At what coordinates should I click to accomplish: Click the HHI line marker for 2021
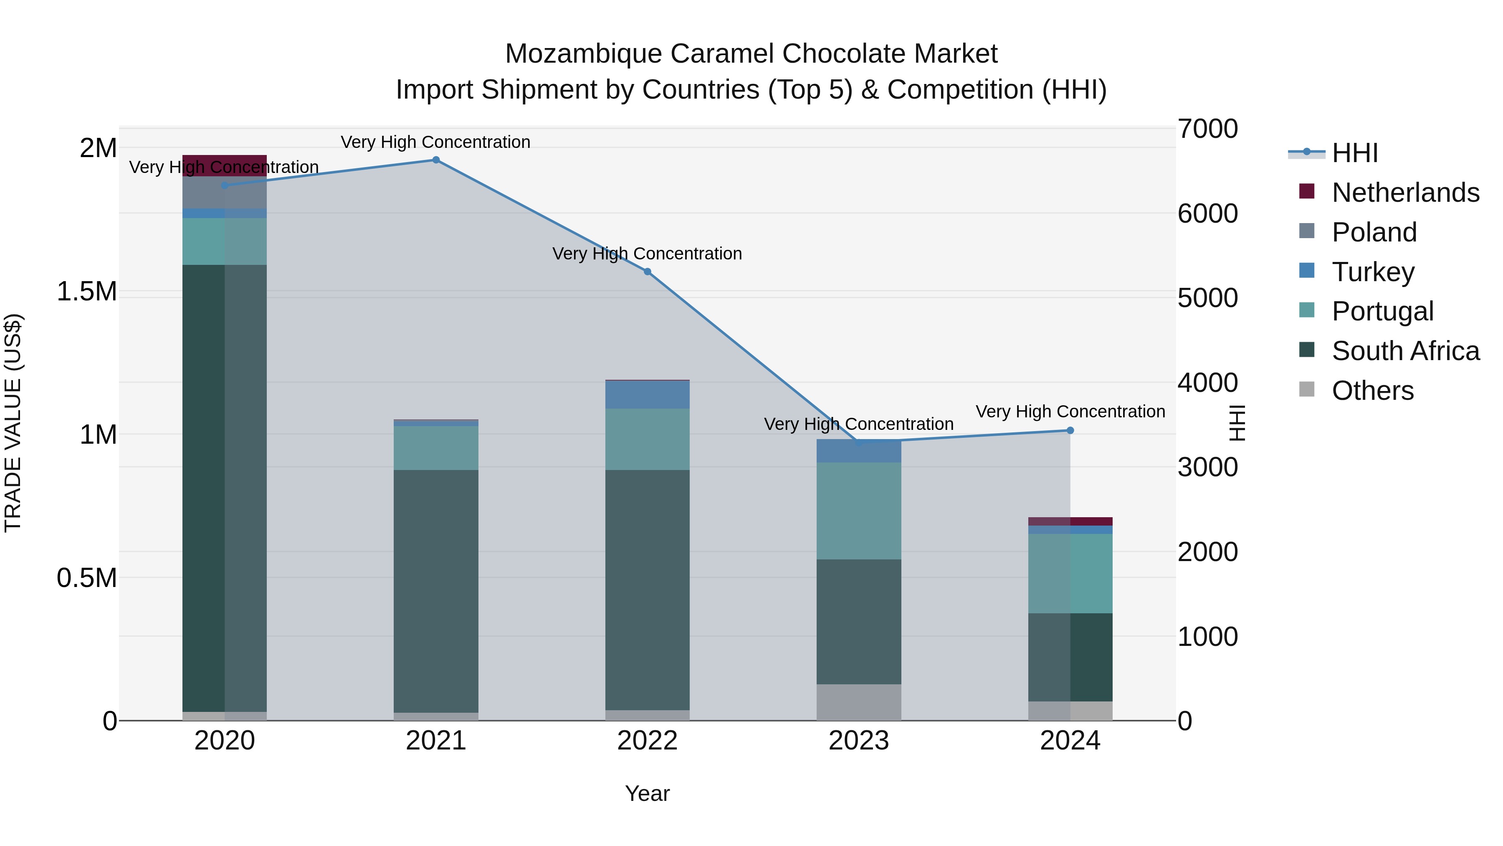[x=435, y=160]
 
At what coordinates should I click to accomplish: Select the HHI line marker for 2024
[x=1070, y=430]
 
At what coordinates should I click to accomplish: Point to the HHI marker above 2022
[x=647, y=272]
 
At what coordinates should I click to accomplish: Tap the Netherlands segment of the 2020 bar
[x=225, y=165]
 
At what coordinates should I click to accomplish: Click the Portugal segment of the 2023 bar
[x=858, y=511]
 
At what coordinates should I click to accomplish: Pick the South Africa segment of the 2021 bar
[x=436, y=591]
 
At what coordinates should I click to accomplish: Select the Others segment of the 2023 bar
[x=858, y=702]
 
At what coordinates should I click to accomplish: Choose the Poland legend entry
[x=1374, y=232]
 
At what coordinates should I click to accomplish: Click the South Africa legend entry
[x=1405, y=351]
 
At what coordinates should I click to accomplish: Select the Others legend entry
[x=1372, y=391]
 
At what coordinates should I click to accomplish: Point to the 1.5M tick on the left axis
[x=87, y=291]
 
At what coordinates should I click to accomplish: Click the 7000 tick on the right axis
[x=1207, y=129]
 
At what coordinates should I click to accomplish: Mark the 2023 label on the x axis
[x=858, y=741]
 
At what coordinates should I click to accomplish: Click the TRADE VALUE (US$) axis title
[x=13, y=423]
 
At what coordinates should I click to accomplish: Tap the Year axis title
[x=647, y=793]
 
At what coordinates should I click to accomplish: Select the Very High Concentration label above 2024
[x=1070, y=412]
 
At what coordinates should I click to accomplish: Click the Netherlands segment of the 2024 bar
[x=1070, y=521]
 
